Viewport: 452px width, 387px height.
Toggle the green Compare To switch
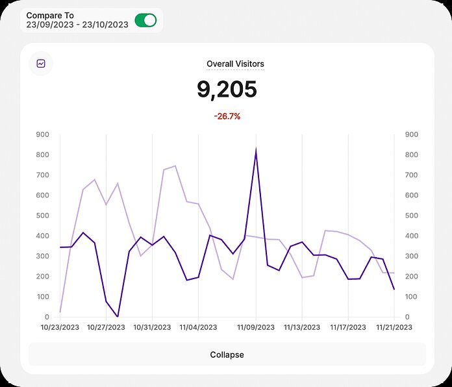(x=145, y=20)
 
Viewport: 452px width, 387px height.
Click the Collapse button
(x=227, y=355)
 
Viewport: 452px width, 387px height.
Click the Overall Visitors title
(x=235, y=64)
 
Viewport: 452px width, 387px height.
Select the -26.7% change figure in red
(x=227, y=116)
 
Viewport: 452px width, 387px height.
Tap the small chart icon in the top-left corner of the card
(x=41, y=64)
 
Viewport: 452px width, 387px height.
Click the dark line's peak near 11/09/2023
(x=256, y=151)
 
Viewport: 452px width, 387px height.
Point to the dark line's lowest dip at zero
(x=118, y=316)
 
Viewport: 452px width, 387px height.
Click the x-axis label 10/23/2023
(x=60, y=327)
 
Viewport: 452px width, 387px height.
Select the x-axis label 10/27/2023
(x=106, y=327)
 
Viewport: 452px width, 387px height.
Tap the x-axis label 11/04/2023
(x=199, y=327)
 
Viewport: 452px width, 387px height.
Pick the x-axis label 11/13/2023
(x=302, y=327)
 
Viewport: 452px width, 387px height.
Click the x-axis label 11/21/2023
(x=394, y=327)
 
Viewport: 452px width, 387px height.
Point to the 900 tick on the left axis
(x=43, y=134)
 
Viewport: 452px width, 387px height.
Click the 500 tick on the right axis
(x=411, y=216)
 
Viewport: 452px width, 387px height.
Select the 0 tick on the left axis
(x=47, y=317)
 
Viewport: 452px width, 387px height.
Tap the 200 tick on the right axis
(x=411, y=277)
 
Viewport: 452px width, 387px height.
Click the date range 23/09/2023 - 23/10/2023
(x=77, y=25)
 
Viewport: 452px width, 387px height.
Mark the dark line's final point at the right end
(x=394, y=290)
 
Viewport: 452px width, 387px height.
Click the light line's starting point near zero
(x=60, y=312)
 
